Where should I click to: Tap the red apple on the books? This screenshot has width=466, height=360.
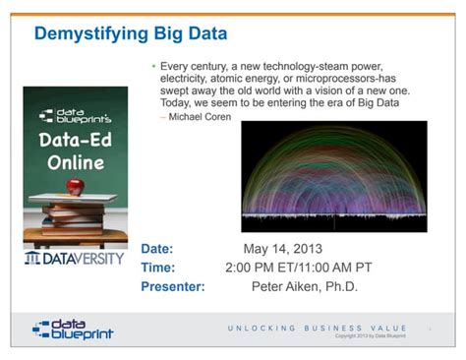tap(75, 184)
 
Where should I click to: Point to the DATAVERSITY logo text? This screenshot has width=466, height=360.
tap(76, 259)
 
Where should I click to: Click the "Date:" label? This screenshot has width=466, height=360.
tap(157, 249)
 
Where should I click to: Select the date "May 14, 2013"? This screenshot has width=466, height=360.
tap(283, 249)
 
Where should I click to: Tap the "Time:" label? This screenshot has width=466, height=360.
tap(158, 268)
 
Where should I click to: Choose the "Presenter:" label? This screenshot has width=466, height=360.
tap(173, 286)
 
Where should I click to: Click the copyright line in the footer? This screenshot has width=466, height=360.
tap(370, 336)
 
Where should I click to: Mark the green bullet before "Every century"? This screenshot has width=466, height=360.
tap(153, 65)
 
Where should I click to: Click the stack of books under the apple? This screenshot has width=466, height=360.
tap(75, 210)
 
